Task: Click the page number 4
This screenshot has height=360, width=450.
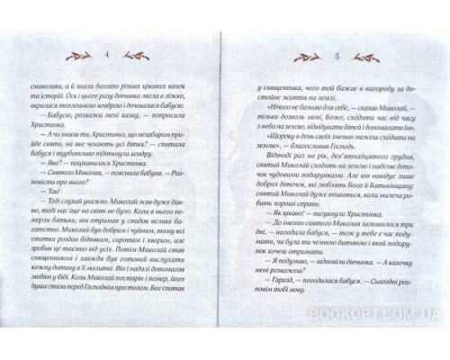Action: [106, 53]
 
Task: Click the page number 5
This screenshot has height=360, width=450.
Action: [335, 53]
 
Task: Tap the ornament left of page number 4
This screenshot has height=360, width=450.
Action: [80, 53]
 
